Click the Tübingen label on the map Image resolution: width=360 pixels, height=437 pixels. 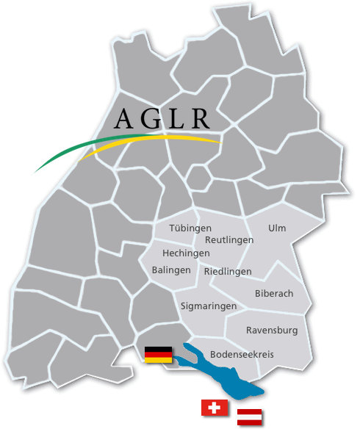190,228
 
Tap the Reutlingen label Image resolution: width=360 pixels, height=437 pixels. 229,240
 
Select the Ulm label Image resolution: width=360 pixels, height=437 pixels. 277,228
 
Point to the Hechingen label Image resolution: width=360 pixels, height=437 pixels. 186,253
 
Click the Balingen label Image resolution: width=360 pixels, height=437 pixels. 171,270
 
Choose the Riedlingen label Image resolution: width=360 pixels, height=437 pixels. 228,271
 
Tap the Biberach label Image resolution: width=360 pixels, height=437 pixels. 274,294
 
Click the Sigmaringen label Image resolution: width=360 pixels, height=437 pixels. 209,306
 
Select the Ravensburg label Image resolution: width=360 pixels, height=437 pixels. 272,330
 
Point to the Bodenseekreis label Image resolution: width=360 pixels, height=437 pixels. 242,354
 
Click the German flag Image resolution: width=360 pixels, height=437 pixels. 159,355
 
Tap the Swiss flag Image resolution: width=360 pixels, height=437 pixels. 215,408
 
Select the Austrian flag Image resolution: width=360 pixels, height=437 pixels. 250,417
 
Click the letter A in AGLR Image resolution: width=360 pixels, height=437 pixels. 126,120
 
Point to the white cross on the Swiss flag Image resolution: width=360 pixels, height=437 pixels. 215,408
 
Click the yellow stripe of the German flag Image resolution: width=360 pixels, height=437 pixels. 159,361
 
